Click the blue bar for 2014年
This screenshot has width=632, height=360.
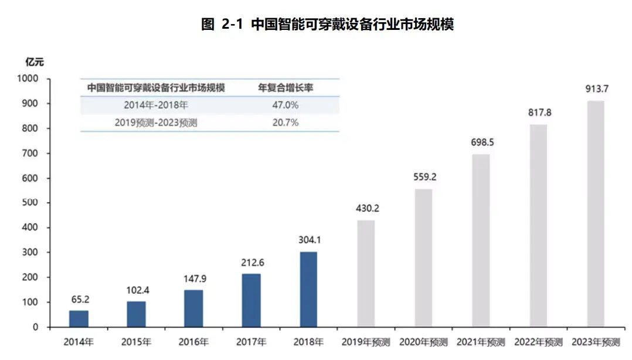pyautogui.click(x=79, y=318)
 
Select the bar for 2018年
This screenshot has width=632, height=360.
pyautogui.click(x=308, y=289)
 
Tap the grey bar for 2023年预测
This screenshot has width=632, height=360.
pyautogui.click(x=595, y=213)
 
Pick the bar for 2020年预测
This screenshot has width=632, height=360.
pyautogui.click(x=423, y=257)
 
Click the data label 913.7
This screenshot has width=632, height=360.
pyautogui.click(x=597, y=89)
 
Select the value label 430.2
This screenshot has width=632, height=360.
pyautogui.click(x=366, y=208)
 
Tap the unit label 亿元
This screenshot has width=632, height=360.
pyautogui.click(x=35, y=62)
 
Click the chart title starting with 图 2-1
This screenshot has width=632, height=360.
pyautogui.click(x=327, y=25)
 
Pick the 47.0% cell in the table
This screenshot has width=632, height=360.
pyautogui.click(x=286, y=106)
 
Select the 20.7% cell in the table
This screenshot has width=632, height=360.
pyautogui.click(x=286, y=123)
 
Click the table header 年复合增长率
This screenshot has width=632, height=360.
pyautogui.click(x=286, y=88)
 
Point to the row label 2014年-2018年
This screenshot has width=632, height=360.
pyautogui.click(x=156, y=106)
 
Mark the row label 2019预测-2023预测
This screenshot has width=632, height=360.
pyautogui.click(x=156, y=123)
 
